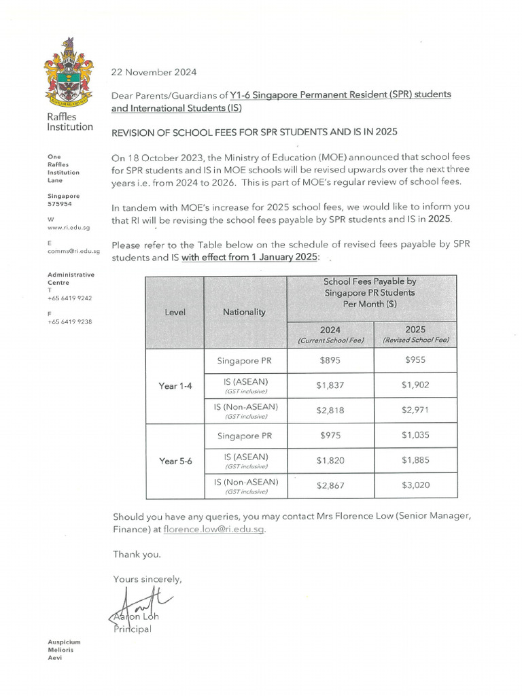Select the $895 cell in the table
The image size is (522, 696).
pyautogui.click(x=330, y=360)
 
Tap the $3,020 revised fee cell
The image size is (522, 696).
pyautogui.click(x=415, y=485)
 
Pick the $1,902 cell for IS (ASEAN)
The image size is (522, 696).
pyautogui.click(x=415, y=385)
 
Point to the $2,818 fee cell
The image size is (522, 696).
pyautogui.click(x=330, y=411)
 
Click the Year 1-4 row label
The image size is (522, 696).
pyautogui.click(x=175, y=385)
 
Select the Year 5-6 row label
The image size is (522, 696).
pyautogui.click(x=175, y=461)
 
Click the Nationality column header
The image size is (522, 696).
pyautogui.click(x=245, y=312)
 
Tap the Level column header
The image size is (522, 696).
pyautogui.click(x=175, y=312)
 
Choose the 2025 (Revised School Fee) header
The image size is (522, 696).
pyautogui.click(x=415, y=334)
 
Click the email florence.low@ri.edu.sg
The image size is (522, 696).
pyautogui.click(x=213, y=529)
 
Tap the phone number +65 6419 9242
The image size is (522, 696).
pyautogui.click(x=70, y=298)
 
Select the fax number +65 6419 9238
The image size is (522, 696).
pyautogui.click(x=70, y=321)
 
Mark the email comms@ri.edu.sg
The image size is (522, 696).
pyautogui.click(x=73, y=251)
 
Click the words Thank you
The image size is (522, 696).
pyautogui.click(x=137, y=555)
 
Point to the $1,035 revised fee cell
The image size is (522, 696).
pyautogui.click(x=415, y=436)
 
